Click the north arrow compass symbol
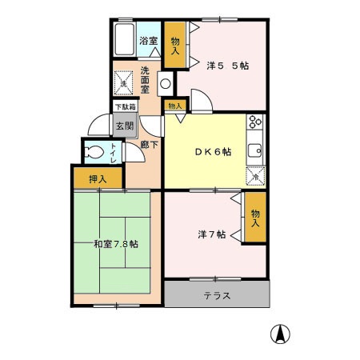click(x=280, y=334)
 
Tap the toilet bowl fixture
click(x=94, y=152)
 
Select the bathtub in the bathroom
click(x=124, y=39)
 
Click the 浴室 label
click(x=149, y=41)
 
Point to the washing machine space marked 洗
click(x=123, y=83)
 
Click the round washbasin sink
click(x=166, y=84)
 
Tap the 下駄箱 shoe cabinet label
click(x=125, y=107)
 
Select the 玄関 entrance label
click(x=125, y=126)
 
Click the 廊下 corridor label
click(x=150, y=145)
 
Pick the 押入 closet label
click(x=98, y=179)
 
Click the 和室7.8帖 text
click(x=116, y=244)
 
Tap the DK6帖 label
click(x=213, y=152)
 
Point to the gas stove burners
click(x=255, y=122)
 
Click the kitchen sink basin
click(x=255, y=151)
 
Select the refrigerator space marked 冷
click(x=255, y=176)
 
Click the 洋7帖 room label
click(x=212, y=234)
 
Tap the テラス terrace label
click(x=217, y=295)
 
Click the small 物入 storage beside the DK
click(x=175, y=106)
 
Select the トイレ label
click(x=114, y=154)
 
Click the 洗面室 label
click(x=145, y=80)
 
